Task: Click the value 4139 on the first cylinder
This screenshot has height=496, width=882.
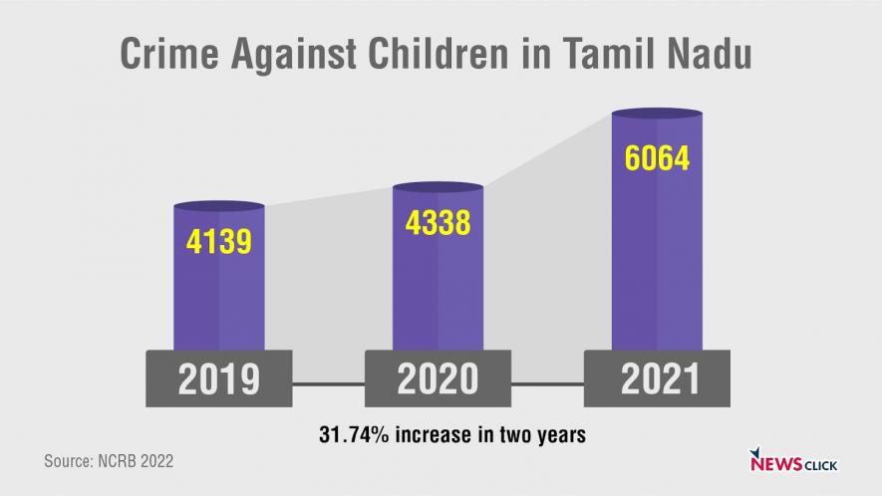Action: (219, 241)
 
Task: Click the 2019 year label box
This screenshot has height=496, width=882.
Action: (219, 378)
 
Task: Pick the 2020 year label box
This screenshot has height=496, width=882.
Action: (438, 378)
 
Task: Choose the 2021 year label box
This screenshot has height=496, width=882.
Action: (656, 378)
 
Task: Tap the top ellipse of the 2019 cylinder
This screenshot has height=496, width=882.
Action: (219, 206)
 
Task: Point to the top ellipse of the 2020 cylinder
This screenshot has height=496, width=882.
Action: (438, 186)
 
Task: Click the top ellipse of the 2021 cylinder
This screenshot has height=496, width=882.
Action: (656, 114)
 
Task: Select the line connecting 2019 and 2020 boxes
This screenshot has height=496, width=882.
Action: (329, 382)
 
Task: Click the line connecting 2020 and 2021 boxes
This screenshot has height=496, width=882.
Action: (547, 382)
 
